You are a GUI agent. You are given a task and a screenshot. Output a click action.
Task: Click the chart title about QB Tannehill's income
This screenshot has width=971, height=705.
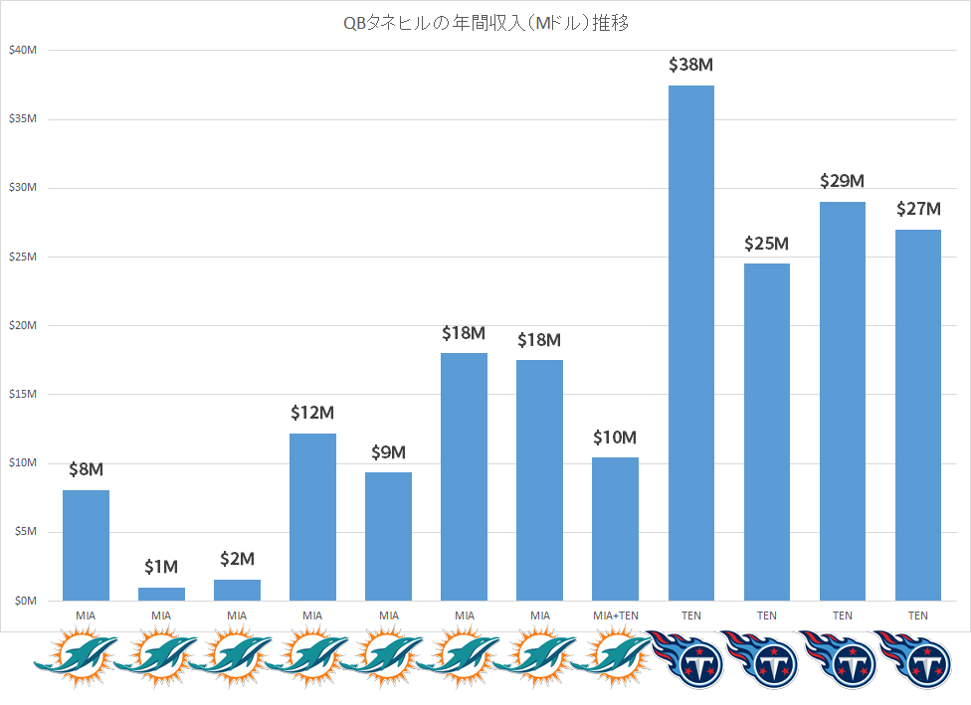(485, 23)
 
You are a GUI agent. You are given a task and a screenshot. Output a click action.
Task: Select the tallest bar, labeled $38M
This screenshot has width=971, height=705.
(690, 343)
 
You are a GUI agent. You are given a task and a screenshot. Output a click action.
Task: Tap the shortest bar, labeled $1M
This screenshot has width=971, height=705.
(161, 594)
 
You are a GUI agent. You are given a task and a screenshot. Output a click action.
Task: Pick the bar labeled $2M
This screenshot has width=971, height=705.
(237, 590)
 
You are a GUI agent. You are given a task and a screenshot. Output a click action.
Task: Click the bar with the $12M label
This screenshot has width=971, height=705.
(312, 517)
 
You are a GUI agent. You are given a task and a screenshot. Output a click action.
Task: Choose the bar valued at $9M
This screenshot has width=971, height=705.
(388, 536)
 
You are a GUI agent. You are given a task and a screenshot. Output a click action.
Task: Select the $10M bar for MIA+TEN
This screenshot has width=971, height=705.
(615, 529)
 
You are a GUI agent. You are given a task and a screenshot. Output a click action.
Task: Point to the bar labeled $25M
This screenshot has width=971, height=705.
(766, 432)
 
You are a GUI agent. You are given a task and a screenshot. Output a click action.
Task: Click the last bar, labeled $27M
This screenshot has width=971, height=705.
(917, 415)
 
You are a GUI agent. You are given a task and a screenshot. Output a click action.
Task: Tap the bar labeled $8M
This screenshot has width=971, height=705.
(86, 545)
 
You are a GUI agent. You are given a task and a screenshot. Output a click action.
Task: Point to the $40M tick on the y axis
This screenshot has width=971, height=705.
(22, 51)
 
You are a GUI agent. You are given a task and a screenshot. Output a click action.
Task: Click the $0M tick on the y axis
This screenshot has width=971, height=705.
(25, 601)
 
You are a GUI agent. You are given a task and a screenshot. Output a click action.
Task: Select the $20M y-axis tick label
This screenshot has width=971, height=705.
(22, 326)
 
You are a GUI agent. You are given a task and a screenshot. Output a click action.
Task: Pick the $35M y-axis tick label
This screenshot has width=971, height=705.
(22, 119)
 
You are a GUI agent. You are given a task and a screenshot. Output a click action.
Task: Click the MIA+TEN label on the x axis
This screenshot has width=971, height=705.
(615, 616)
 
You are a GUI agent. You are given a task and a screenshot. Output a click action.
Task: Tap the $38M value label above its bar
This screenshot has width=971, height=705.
(690, 66)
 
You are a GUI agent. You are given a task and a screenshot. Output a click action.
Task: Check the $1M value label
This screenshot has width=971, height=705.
(161, 567)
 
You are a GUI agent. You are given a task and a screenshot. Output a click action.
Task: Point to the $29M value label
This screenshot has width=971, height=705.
(842, 181)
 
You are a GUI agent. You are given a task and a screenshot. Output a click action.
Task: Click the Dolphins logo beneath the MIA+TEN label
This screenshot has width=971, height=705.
(615, 658)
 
